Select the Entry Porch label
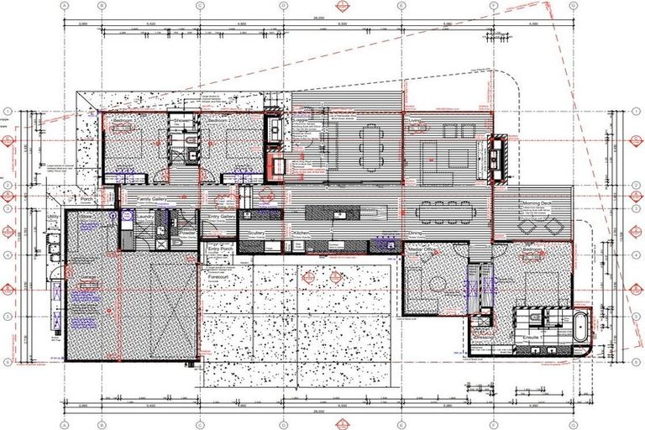220,249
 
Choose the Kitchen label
302,232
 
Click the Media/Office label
422,249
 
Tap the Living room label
414,120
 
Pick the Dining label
415,233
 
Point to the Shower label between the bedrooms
183,120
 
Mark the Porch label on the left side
87,199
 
